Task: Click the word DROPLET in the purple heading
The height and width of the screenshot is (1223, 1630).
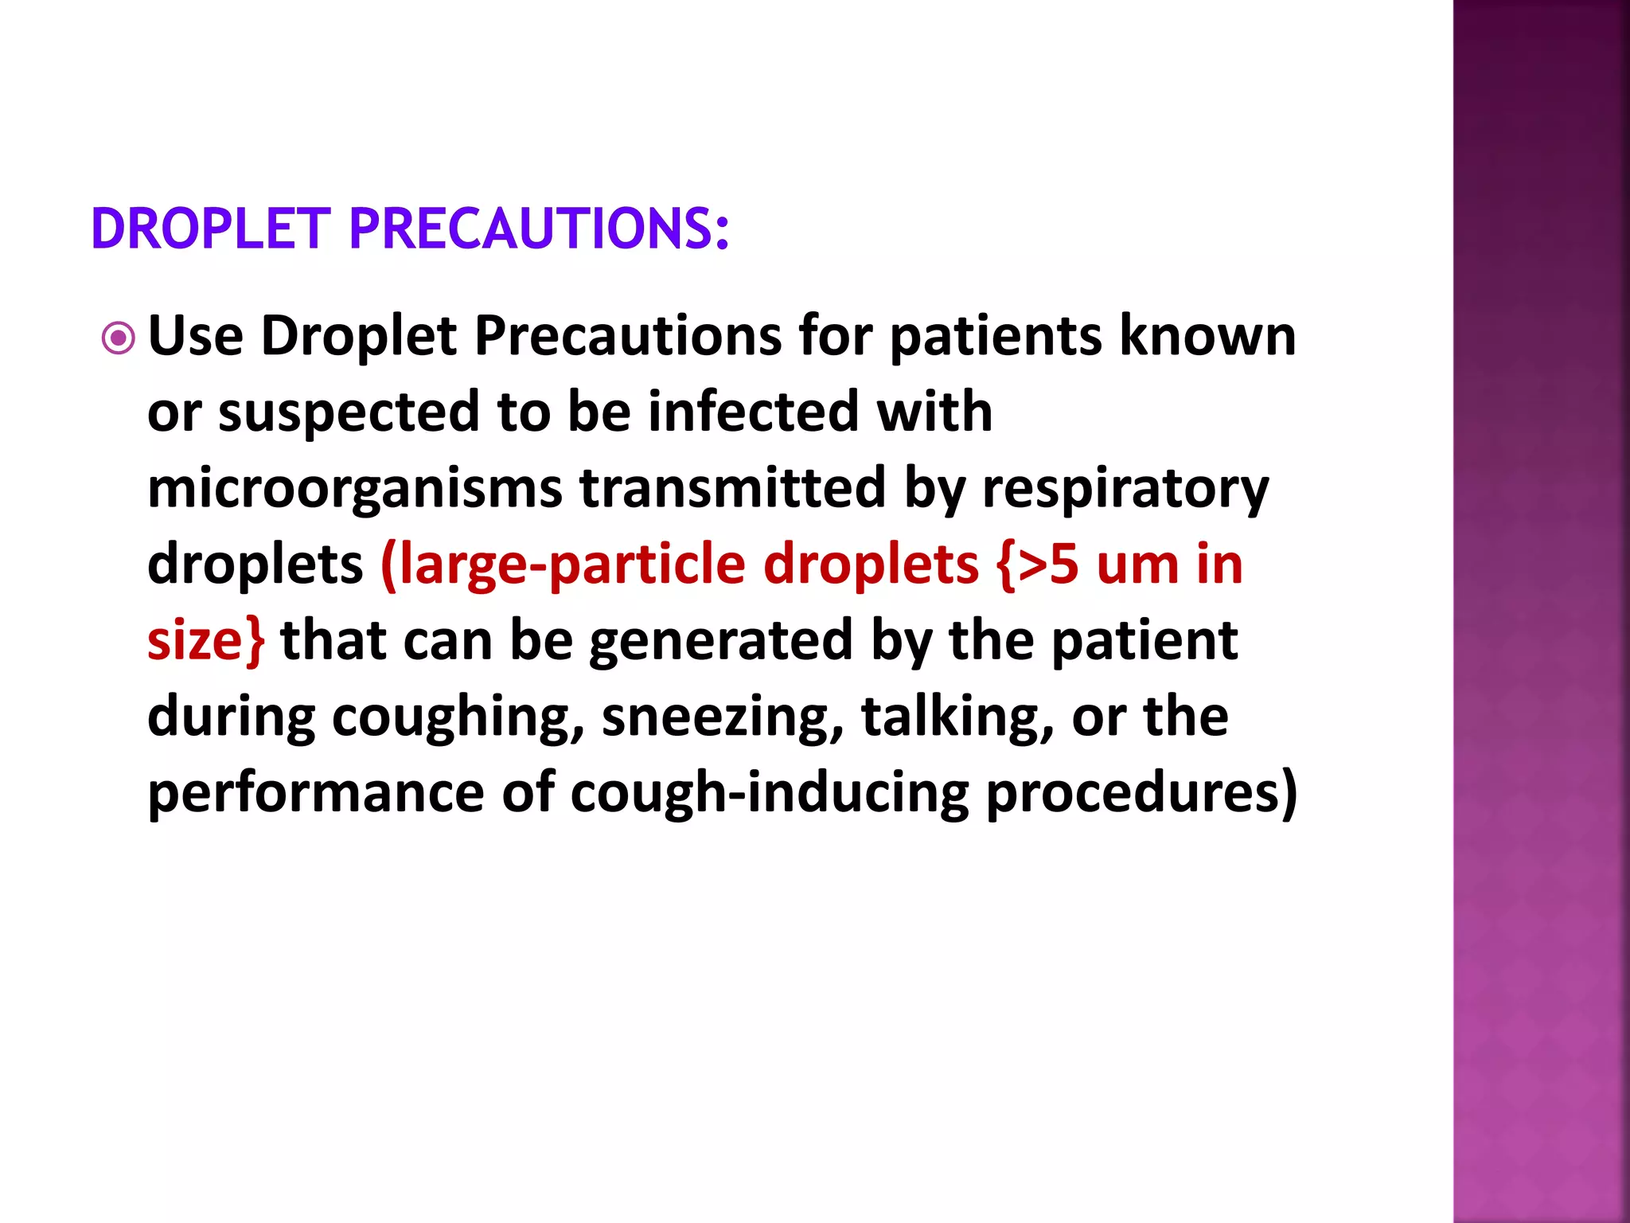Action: coord(211,229)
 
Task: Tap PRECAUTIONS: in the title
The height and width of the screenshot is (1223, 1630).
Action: coord(539,229)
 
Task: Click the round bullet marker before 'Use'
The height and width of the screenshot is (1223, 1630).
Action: coord(119,339)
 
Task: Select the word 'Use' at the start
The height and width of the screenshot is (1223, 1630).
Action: coord(196,336)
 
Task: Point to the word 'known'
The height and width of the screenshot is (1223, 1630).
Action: coord(1208,336)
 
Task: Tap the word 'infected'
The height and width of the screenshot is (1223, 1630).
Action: coord(753,412)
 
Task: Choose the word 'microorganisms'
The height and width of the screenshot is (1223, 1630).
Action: coord(355,489)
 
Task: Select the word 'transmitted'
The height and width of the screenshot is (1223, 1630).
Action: coord(732,487)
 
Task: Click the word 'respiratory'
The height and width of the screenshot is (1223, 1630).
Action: coord(1125,489)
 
